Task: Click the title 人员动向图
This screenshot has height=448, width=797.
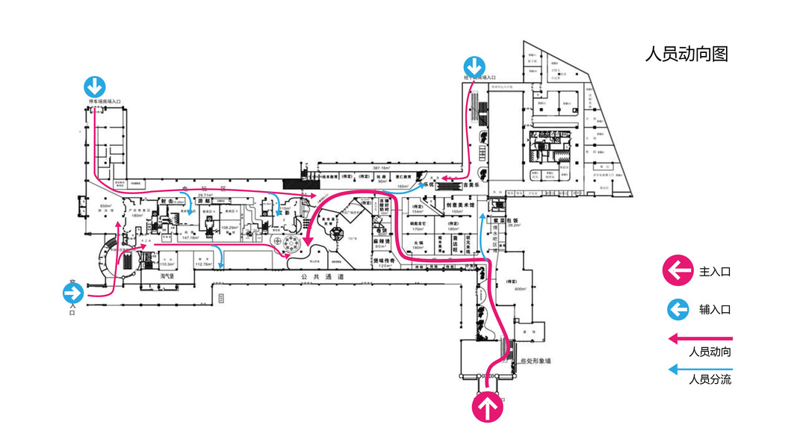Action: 686,54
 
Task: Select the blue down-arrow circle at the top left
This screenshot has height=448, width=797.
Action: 94,86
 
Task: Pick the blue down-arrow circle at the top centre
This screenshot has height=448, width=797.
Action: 473,67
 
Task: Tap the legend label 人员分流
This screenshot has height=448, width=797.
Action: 709,379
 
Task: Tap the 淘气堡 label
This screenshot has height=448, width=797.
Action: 167,276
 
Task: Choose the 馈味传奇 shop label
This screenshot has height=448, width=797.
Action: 384,261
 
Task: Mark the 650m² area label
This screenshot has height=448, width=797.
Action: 105,206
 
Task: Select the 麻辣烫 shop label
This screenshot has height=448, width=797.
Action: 382,242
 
